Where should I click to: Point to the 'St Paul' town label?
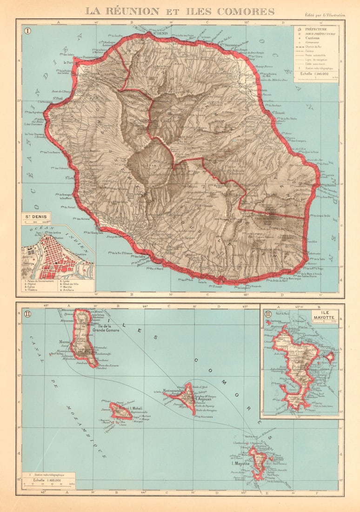(x=58, y=98)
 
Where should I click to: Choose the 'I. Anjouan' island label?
(x=203, y=399)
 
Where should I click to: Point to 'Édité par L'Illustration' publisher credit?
(x=324, y=15)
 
